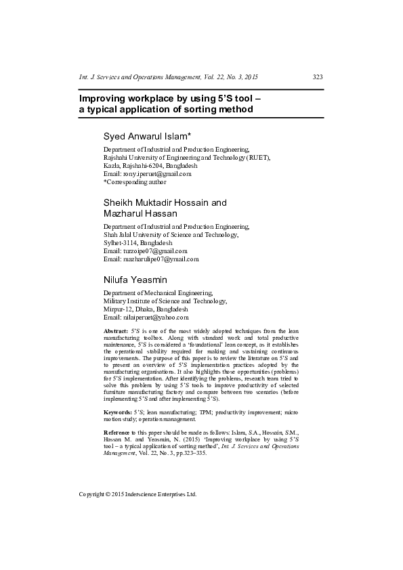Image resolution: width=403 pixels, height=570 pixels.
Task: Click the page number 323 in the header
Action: (318, 77)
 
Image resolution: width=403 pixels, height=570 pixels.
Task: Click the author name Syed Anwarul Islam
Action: (148, 137)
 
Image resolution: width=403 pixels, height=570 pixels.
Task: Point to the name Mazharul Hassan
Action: (140, 213)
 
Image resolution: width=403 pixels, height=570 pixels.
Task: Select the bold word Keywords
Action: (117, 412)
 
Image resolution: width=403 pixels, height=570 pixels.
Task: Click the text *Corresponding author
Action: (134, 182)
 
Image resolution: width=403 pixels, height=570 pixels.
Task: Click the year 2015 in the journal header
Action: (251, 77)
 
